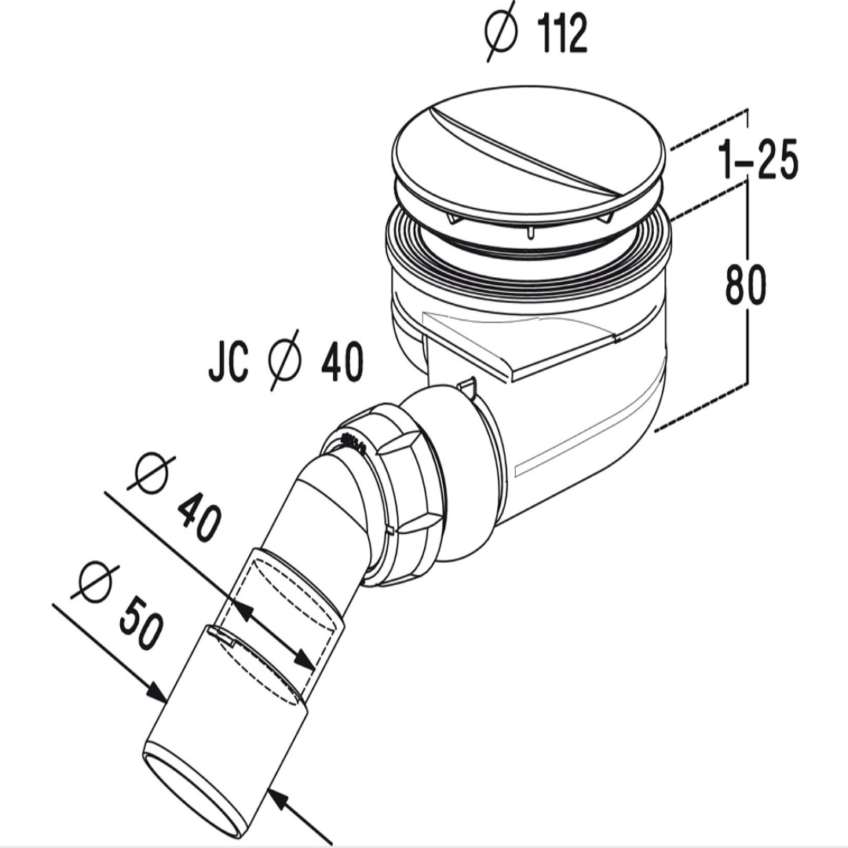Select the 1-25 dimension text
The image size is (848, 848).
pyautogui.click(x=757, y=161)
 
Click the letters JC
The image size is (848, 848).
pyautogui.click(x=228, y=364)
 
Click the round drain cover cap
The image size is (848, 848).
pyautogui.click(x=530, y=162)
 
